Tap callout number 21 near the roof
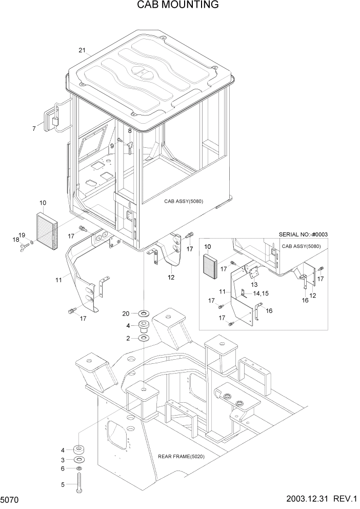tap(82, 50)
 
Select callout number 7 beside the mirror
tap(34, 129)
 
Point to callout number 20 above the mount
tap(126, 314)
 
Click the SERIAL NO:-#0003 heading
tap(303, 234)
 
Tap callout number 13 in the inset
tap(254, 285)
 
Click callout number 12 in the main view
tap(171, 278)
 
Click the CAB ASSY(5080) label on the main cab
tap(184, 202)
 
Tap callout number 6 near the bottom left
tap(63, 468)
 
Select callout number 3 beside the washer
tap(63, 459)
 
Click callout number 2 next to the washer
tap(128, 338)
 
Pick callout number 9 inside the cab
tap(112, 146)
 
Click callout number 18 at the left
tap(15, 239)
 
